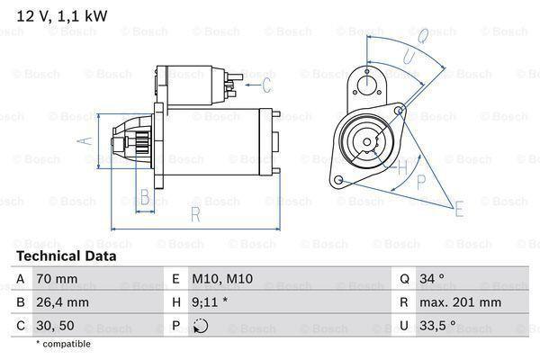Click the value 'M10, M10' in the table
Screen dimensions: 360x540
(x=217, y=280)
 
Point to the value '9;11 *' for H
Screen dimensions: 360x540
(x=208, y=303)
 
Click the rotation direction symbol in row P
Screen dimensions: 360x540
(x=200, y=327)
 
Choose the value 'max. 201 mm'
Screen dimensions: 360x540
(x=462, y=303)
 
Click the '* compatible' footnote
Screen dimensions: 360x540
(x=63, y=344)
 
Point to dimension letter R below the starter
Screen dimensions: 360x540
(x=193, y=214)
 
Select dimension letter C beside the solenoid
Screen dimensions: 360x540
(x=267, y=85)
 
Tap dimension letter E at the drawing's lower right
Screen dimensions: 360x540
(x=460, y=211)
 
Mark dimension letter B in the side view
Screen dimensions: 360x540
(x=143, y=197)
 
